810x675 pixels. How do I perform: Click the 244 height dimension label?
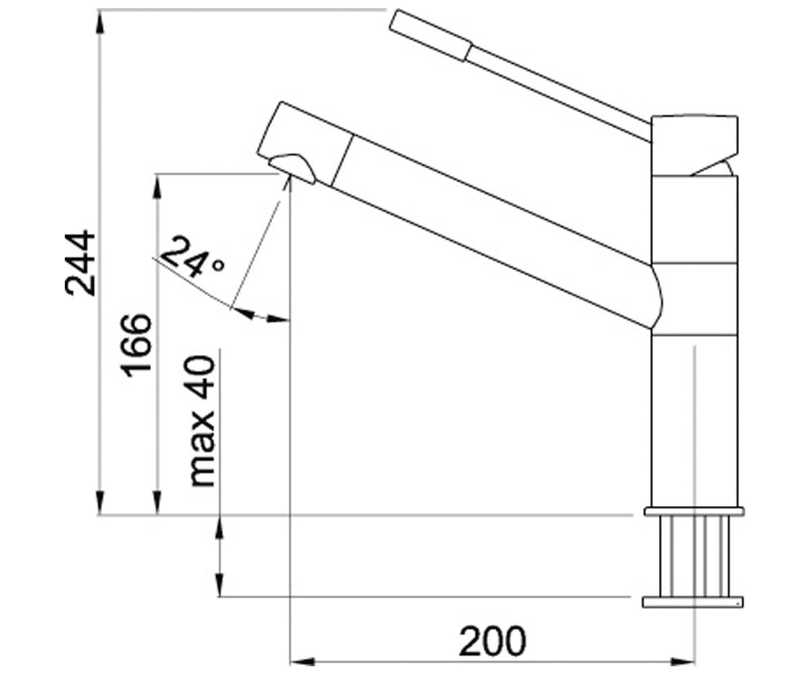[x=80, y=263]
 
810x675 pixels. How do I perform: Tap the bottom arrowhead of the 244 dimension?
[x=100, y=502]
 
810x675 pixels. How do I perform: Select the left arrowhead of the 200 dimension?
[x=302, y=661]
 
